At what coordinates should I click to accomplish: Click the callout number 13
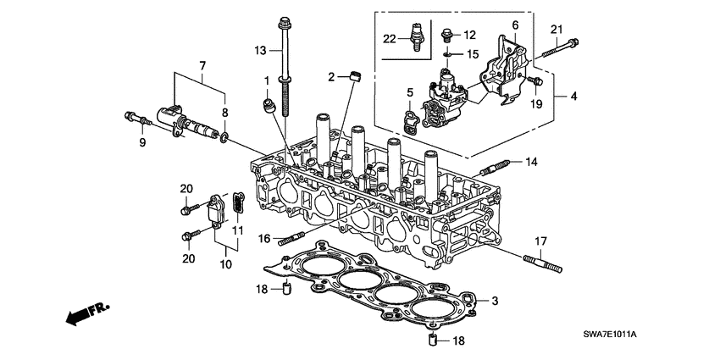[x=262, y=52]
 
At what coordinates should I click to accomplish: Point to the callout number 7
[x=202, y=66]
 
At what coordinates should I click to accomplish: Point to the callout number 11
[x=237, y=230]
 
